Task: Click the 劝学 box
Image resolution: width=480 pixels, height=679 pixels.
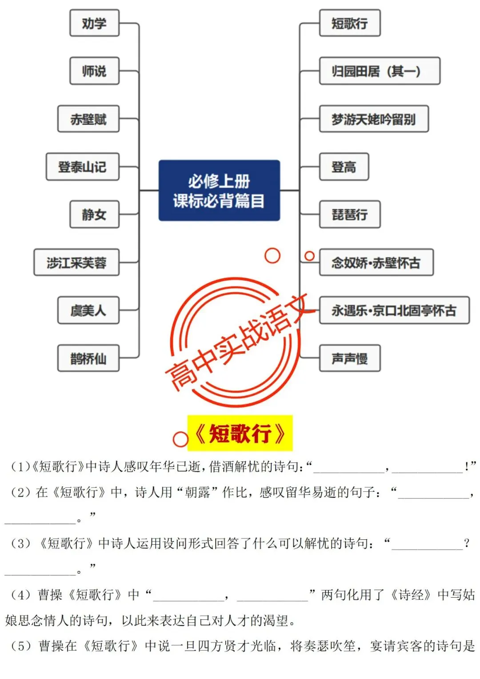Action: coord(94,23)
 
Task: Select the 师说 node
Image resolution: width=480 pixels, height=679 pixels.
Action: coord(94,71)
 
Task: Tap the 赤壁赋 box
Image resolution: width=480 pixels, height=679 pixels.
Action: coord(88,119)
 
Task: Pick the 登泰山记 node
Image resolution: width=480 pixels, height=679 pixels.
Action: coord(83,167)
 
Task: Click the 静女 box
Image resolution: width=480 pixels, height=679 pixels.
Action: coord(94,214)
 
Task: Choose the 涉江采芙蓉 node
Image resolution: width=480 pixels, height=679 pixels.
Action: coord(76,262)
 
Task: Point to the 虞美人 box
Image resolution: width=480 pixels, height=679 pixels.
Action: coord(88,310)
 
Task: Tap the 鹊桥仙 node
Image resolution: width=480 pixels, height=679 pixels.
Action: coord(88,358)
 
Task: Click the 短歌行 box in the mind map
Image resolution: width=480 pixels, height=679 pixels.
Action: coord(350,23)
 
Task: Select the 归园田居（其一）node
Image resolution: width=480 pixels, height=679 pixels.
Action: coord(380,71)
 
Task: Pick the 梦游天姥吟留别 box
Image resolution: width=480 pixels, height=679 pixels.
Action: coord(374,119)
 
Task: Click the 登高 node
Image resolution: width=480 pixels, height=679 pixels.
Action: coord(344,167)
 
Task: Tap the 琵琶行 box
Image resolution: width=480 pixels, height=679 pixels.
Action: coord(350,214)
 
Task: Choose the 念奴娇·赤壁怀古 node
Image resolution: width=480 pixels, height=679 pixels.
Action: coord(376,262)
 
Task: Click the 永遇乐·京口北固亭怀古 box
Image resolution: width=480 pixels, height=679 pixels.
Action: coord(394,310)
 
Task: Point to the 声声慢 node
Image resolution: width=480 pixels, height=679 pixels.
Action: coord(350,358)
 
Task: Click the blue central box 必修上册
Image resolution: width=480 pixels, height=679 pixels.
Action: coord(219,190)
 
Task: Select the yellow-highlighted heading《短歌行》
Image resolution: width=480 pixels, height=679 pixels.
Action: coord(240,433)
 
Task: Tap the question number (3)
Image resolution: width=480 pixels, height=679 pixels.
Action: coord(21,543)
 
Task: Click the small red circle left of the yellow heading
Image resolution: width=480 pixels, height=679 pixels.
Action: coord(180,439)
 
